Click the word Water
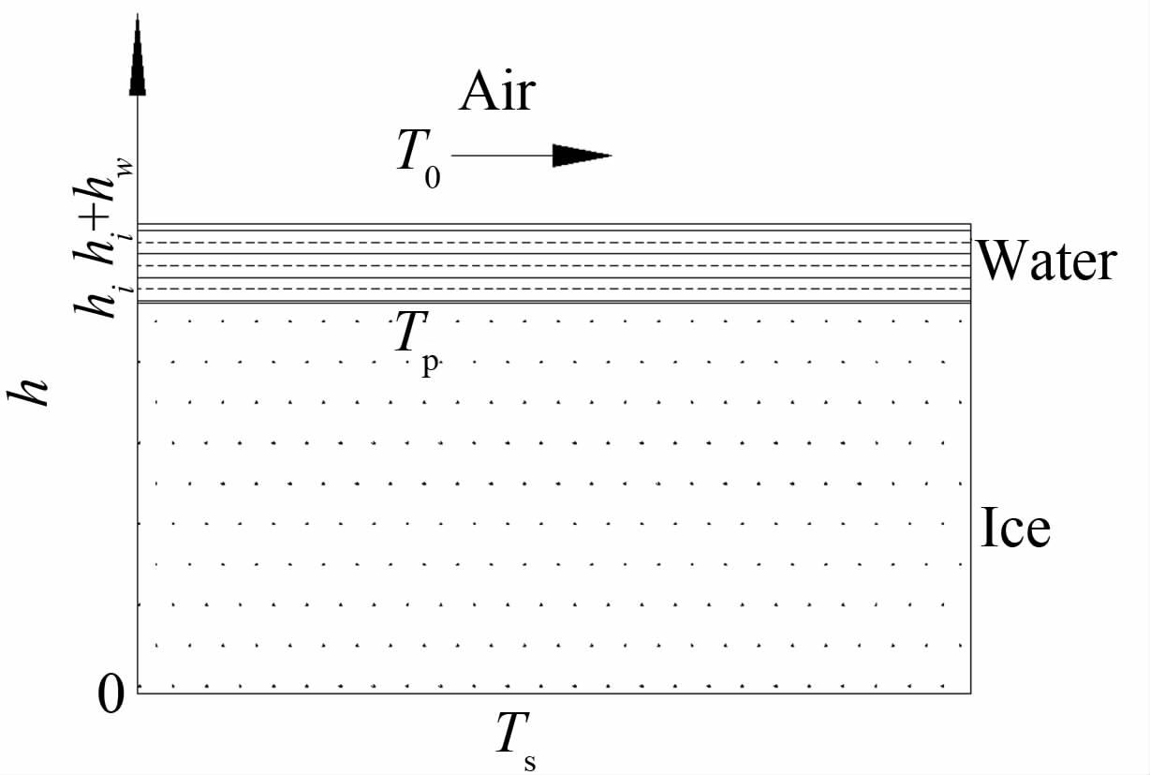tap(1047, 262)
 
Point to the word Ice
tap(1015, 529)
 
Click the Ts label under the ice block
tap(515, 738)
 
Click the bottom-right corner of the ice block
tap(970, 693)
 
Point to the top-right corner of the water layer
tap(970, 225)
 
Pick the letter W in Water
tap(1000, 262)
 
